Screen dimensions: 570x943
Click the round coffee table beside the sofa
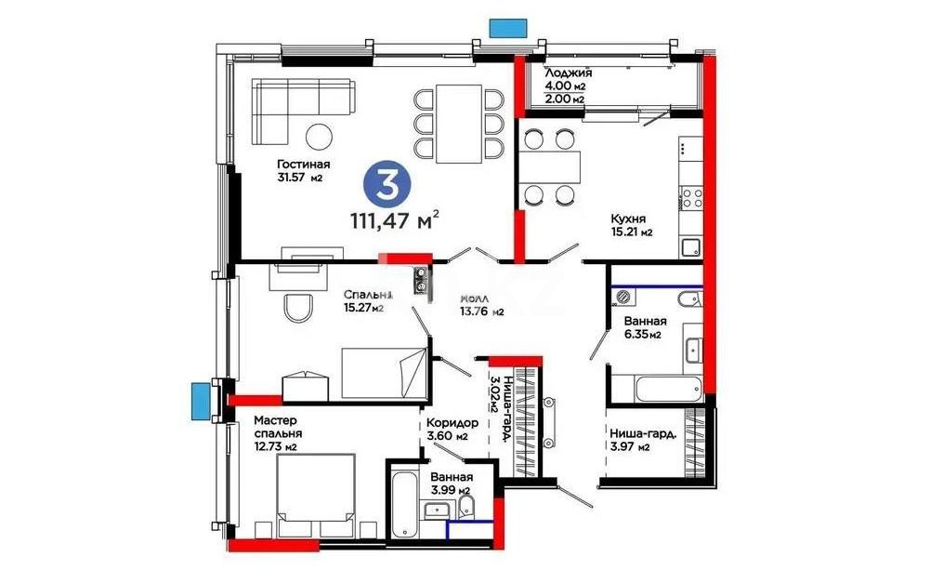(x=320, y=136)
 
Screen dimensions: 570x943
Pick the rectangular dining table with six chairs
(x=459, y=122)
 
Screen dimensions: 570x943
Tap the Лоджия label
(x=568, y=73)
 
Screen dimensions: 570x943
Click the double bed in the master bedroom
(x=317, y=497)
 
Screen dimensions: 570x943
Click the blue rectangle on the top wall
(x=507, y=28)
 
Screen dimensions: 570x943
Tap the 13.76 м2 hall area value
(x=482, y=312)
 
